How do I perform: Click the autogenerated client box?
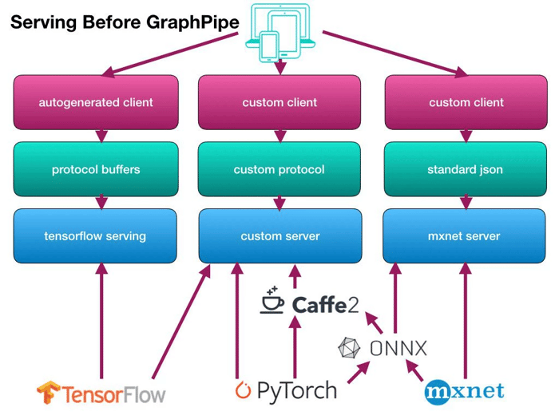(x=96, y=102)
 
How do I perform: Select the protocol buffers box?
(x=96, y=169)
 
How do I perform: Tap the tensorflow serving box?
(x=96, y=236)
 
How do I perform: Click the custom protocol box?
(x=279, y=169)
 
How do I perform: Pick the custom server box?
(x=279, y=236)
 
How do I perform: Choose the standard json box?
(x=465, y=169)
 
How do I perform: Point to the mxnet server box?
(x=465, y=236)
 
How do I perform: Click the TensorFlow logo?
(x=101, y=393)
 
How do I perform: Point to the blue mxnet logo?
(x=464, y=390)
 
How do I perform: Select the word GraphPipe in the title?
(x=192, y=23)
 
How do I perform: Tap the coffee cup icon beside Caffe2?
(x=272, y=301)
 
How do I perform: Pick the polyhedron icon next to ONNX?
(x=350, y=348)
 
